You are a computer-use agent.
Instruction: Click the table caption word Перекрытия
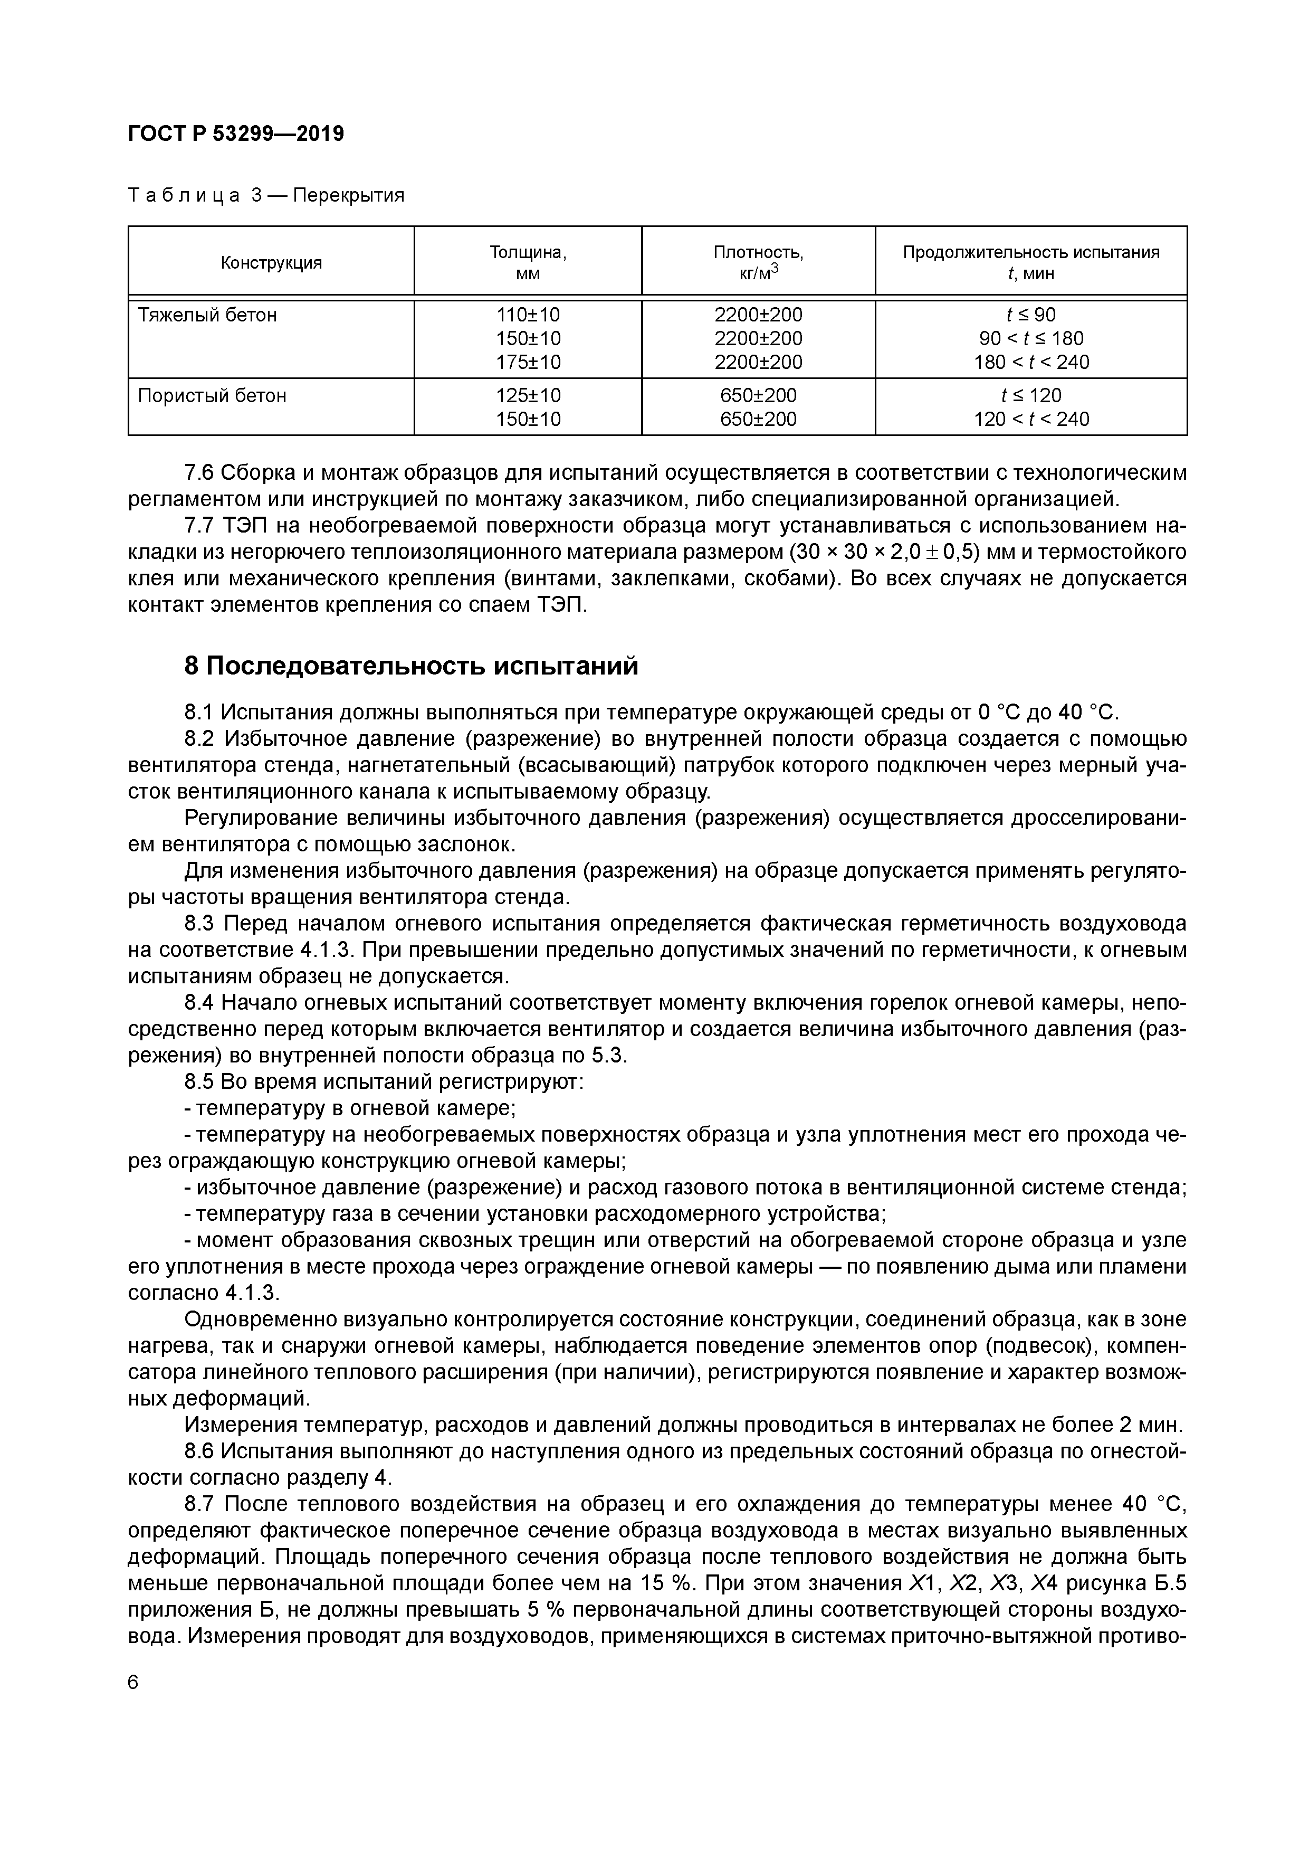348,196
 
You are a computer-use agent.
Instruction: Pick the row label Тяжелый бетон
207,315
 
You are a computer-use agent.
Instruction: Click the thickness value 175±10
528,362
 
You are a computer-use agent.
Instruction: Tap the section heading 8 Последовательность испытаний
411,666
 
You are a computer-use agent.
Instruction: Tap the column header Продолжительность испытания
1031,252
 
